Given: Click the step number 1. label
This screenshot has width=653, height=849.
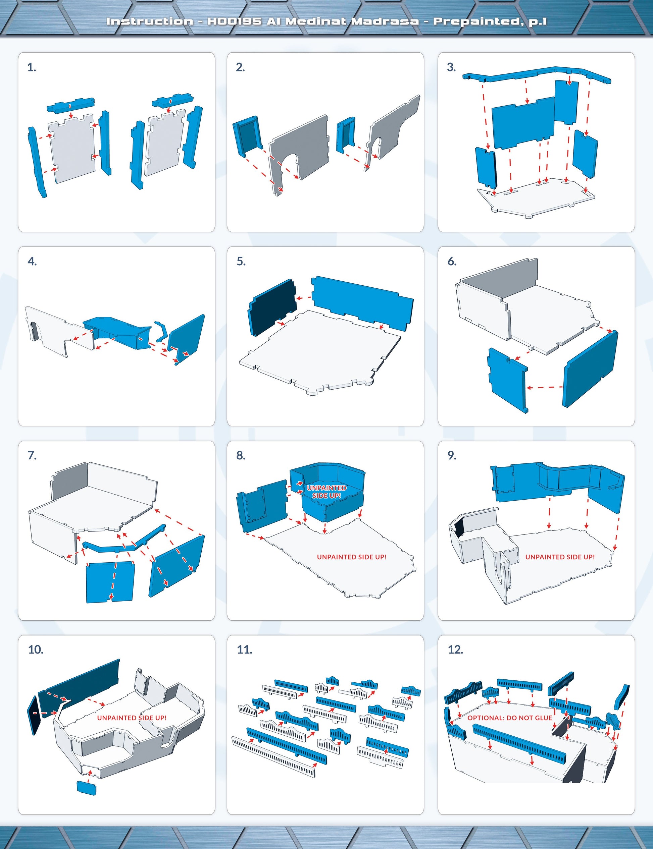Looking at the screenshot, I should [x=32, y=68].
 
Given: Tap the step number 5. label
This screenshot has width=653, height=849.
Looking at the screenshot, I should [x=241, y=262].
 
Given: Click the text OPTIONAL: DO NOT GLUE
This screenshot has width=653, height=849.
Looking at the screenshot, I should [x=510, y=718].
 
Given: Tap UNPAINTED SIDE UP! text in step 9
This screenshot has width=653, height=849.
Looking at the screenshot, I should [x=560, y=557].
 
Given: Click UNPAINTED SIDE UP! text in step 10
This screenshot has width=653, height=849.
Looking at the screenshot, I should [x=132, y=718].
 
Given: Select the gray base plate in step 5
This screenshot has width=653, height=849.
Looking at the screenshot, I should [x=319, y=353].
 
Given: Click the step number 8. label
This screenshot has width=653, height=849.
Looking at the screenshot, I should [x=241, y=456].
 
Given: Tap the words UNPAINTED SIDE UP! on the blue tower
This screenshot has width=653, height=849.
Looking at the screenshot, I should [x=326, y=492].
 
